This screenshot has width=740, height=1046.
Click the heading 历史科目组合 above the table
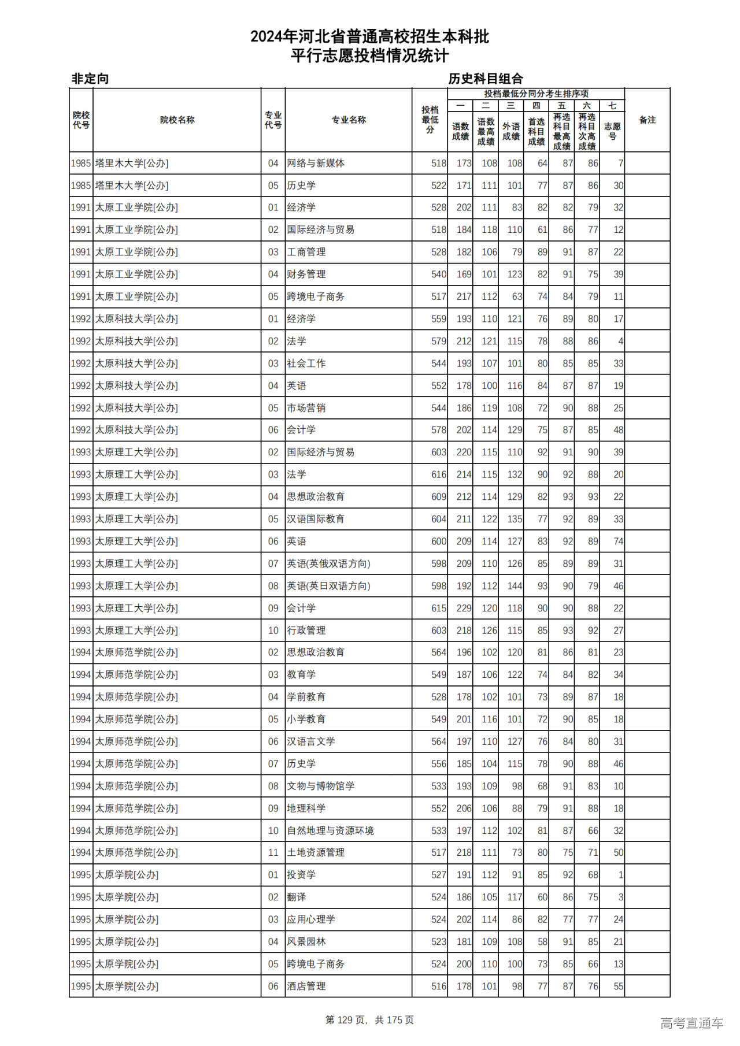click(x=486, y=79)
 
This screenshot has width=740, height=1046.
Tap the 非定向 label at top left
click(x=90, y=79)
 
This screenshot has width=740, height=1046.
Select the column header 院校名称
click(x=177, y=120)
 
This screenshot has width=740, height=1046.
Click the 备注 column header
click(x=647, y=120)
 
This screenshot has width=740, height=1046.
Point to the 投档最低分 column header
click(x=430, y=120)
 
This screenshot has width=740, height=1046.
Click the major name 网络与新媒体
click(x=316, y=164)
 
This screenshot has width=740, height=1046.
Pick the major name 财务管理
click(x=306, y=275)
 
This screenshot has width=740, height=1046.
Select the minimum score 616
click(x=439, y=474)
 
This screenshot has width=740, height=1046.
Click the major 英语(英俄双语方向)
click(x=328, y=563)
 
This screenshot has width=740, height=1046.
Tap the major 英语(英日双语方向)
click(x=328, y=586)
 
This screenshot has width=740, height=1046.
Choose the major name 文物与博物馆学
click(x=321, y=786)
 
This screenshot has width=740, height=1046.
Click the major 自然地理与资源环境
click(x=330, y=830)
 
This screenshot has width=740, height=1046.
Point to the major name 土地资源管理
click(x=316, y=853)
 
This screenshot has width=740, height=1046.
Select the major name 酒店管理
click(x=306, y=986)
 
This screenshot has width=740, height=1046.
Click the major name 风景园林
click(x=306, y=942)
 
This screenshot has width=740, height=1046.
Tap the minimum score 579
click(x=439, y=342)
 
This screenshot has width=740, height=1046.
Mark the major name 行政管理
click(x=306, y=630)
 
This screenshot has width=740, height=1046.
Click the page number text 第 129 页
click(x=347, y=1020)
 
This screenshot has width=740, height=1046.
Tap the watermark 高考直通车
click(x=691, y=1023)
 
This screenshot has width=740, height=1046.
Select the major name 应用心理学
click(x=311, y=919)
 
